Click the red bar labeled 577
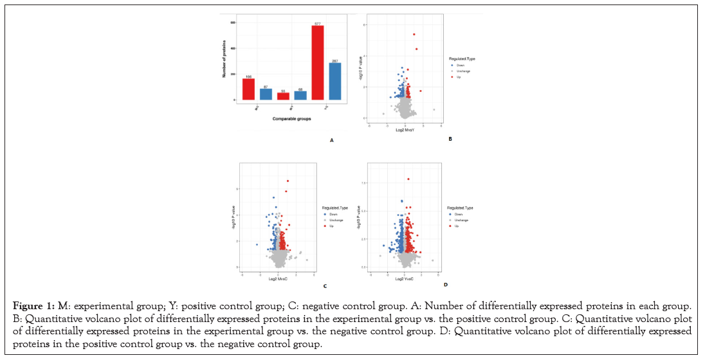click(317, 63)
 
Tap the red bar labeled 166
click(248, 89)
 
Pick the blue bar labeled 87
click(266, 94)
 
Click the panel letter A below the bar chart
click(331, 139)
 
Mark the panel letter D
click(445, 284)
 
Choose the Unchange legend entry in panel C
click(334, 221)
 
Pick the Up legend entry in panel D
click(455, 226)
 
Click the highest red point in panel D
click(408, 179)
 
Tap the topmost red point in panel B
click(414, 34)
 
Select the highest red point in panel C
click(288, 181)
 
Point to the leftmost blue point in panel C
click(257, 244)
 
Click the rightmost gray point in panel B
click(434, 110)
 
